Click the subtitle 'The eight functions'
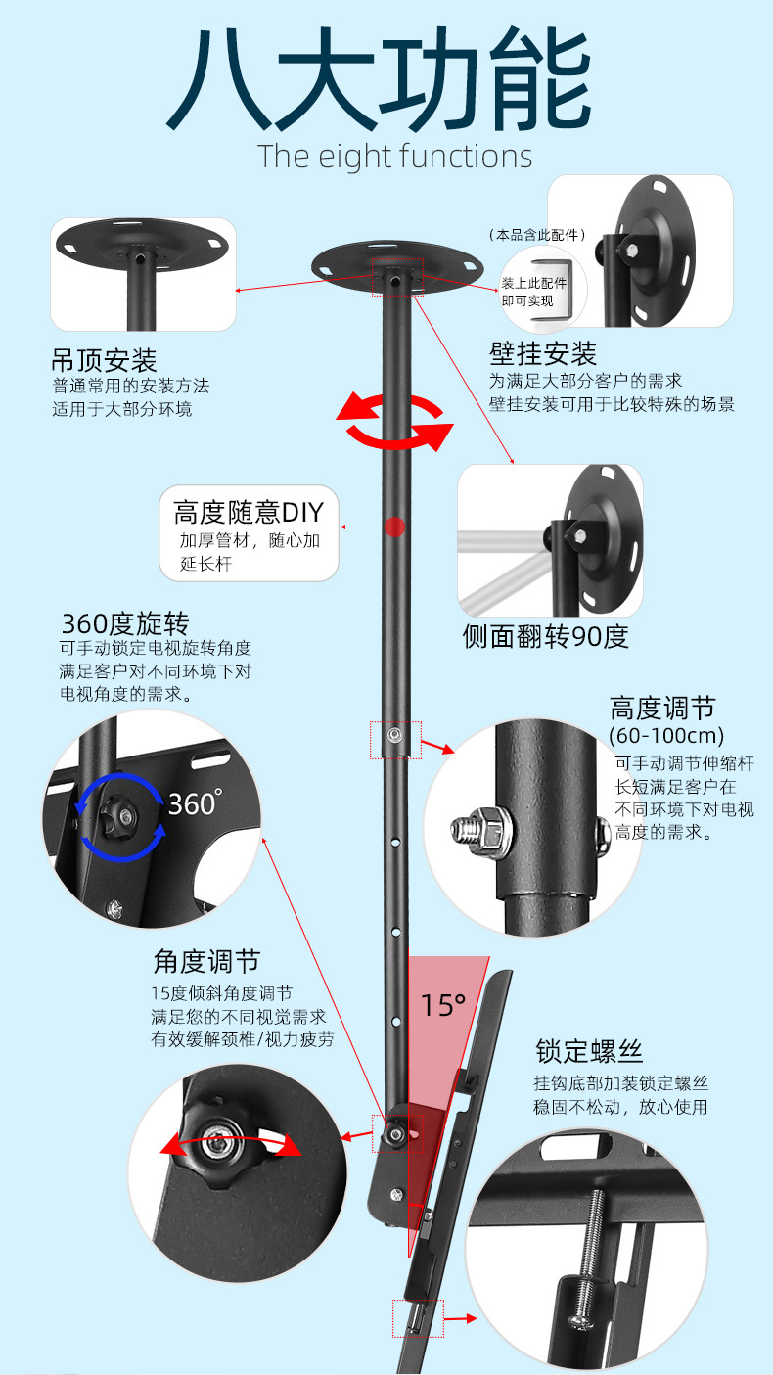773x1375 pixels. pyautogui.click(x=395, y=157)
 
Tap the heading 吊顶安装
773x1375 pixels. pyautogui.click(x=104, y=359)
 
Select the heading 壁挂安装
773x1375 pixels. pyautogui.click(x=543, y=353)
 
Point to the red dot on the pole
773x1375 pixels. pyautogui.click(x=394, y=527)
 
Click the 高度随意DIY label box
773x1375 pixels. pyautogui.click(x=249, y=532)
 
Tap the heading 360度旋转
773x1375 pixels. pyautogui.click(x=125, y=623)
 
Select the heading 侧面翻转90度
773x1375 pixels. pyautogui.click(x=545, y=636)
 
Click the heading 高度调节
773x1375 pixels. pyautogui.click(x=662, y=708)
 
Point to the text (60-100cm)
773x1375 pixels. pyautogui.click(x=666, y=735)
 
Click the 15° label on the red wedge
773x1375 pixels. pyautogui.click(x=443, y=1005)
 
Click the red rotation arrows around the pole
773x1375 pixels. pyautogui.click(x=396, y=422)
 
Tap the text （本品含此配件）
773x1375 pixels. pyautogui.click(x=537, y=235)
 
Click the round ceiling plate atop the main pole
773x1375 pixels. pyautogui.click(x=397, y=263)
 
